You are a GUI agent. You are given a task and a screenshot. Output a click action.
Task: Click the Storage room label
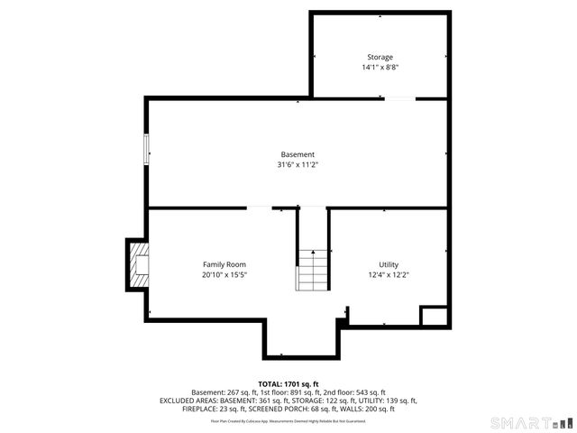coord(380,57)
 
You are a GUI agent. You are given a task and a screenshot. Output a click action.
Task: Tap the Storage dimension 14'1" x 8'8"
coord(380,67)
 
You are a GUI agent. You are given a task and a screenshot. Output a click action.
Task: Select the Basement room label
coord(298,154)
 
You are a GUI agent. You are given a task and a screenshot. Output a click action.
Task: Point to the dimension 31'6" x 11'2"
coord(298,164)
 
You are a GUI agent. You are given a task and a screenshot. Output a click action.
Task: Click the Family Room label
coord(224,264)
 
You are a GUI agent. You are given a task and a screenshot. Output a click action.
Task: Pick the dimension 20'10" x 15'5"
coord(224,274)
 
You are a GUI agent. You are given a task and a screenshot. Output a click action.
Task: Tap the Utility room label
coord(389,264)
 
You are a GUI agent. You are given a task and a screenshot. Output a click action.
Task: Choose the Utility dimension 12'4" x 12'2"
coord(389,274)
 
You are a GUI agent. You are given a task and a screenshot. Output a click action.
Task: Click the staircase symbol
coord(312,270)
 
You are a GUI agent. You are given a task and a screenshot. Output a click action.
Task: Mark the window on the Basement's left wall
coord(146,148)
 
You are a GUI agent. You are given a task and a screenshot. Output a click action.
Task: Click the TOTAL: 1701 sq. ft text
coord(288,384)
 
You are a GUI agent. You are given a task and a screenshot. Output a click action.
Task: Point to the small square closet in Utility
coord(435,316)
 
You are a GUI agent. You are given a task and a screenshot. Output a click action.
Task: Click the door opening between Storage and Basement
coord(399,98)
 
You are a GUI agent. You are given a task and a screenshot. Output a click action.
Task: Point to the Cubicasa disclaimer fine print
coord(288,420)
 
